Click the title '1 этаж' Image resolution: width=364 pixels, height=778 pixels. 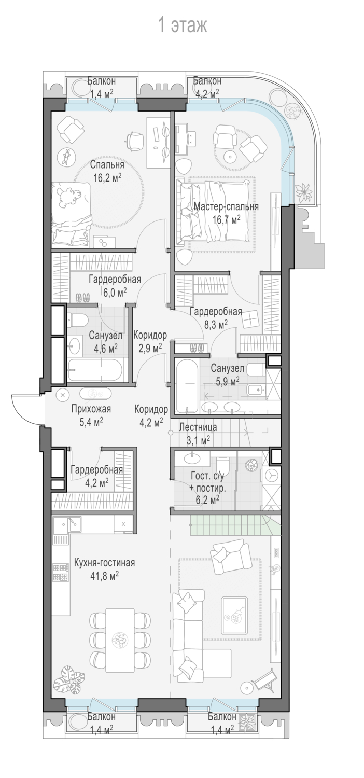[x=183, y=26]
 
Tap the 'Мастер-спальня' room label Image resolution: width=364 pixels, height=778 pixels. [x=226, y=206]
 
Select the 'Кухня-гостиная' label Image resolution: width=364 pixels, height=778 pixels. [x=105, y=562]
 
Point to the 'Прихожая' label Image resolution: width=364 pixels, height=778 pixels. [x=91, y=409]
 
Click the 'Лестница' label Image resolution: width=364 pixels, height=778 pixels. [x=198, y=427]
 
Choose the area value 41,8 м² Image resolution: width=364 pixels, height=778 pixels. [x=105, y=576]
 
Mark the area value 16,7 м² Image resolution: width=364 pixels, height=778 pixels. [x=227, y=219]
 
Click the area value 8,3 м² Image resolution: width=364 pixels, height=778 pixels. [x=216, y=324]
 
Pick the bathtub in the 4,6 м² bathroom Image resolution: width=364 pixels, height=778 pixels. [x=94, y=370]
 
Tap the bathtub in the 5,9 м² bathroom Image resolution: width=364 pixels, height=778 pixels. [x=186, y=386]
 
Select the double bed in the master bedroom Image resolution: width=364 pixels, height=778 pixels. [x=214, y=211]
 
